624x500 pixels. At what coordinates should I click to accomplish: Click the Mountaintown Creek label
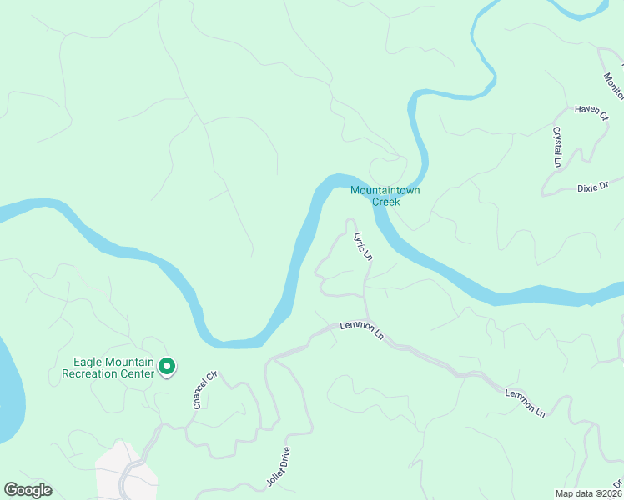coord(385,196)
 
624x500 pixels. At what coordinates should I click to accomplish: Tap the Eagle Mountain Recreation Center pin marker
coord(166,366)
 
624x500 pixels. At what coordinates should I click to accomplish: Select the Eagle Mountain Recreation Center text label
coord(109,367)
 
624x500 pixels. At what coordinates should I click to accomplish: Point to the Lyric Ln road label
coord(362,247)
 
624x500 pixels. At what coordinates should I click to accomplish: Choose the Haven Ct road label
coord(591,112)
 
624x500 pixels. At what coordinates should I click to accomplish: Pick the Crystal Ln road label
coord(556,147)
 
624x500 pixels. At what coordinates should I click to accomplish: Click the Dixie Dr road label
coord(593,187)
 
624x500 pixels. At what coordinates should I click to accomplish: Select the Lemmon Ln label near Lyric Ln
coord(361,331)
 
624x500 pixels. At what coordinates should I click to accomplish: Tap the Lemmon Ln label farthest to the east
coord(524,402)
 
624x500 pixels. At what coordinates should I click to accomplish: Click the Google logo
coord(28,490)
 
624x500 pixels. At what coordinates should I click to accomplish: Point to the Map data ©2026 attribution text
coord(588,493)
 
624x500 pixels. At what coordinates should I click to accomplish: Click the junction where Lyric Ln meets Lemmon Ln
coord(365,322)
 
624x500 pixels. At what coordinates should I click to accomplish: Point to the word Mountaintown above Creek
coord(385,190)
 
